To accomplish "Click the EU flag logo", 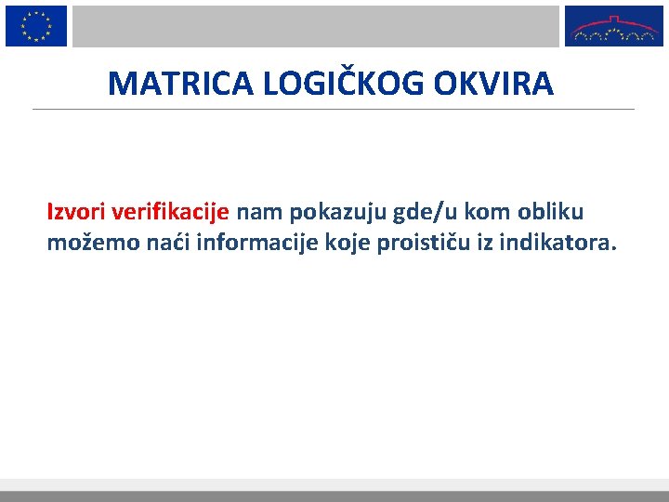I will click(36, 25).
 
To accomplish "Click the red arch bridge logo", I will click(614, 26).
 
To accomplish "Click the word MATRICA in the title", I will click(182, 84).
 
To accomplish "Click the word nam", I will click(260, 213).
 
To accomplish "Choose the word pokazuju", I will click(339, 213).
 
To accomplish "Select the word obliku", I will click(554, 213).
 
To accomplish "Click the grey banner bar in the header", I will click(316, 26).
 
